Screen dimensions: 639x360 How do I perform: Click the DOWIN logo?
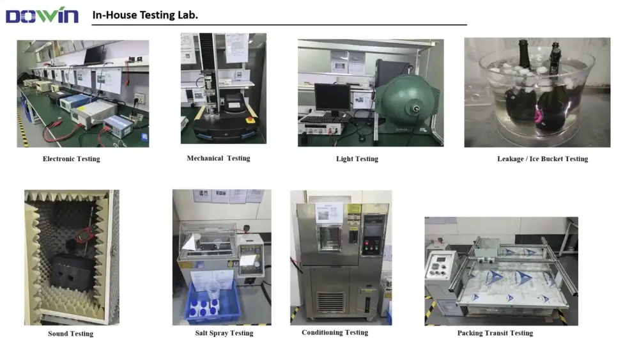click(x=42, y=15)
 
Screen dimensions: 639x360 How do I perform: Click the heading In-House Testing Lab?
click(x=145, y=15)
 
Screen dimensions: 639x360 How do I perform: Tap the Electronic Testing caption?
click(x=72, y=159)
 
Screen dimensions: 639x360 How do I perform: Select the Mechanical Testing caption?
click(x=219, y=158)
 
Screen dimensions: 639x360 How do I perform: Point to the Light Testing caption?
click(x=357, y=159)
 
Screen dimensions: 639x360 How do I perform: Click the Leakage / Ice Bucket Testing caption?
click(x=543, y=159)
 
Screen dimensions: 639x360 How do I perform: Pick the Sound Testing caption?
click(x=70, y=334)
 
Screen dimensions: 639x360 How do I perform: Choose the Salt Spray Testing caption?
click(x=224, y=333)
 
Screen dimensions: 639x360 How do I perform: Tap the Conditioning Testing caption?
click(x=335, y=333)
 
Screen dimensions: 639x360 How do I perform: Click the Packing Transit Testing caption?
click(x=495, y=333)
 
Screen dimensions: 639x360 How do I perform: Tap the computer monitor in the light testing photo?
click(x=332, y=98)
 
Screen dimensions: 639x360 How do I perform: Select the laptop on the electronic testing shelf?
click(x=93, y=56)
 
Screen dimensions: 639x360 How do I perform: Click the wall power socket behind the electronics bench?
click(x=139, y=98)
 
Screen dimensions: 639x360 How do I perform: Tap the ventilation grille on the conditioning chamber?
click(x=330, y=302)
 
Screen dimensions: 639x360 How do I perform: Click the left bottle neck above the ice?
click(x=523, y=54)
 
